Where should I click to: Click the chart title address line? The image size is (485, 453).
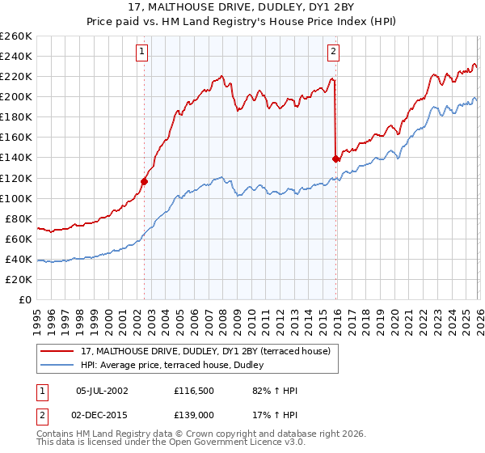(x=242, y=7)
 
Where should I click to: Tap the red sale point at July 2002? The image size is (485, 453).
(x=144, y=181)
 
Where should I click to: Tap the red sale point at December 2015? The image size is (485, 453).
(x=335, y=159)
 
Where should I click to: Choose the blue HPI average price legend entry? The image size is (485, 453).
(x=178, y=365)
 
